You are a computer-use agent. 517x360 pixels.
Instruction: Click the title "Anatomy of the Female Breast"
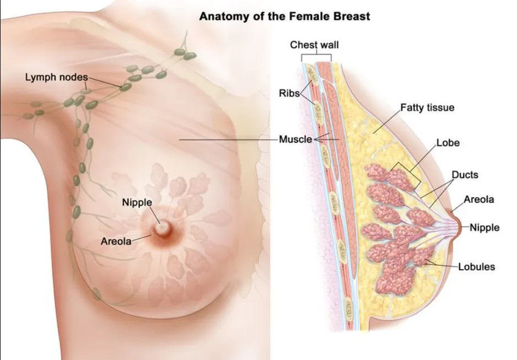click(284, 16)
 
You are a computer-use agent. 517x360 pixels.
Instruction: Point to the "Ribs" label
click(289, 93)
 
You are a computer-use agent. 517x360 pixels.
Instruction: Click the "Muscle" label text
click(295, 139)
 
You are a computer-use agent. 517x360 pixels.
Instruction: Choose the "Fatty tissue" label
click(427, 108)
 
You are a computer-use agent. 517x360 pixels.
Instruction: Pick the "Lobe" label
click(448, 143)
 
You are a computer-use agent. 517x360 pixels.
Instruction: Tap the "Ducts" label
click(465, 175)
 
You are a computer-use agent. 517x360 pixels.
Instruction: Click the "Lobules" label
click(477, 267)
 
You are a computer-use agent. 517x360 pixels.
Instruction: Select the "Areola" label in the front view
click(116, 241)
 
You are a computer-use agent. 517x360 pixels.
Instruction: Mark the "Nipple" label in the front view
click(136, 203)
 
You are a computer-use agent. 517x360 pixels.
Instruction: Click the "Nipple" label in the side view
click(484, 227)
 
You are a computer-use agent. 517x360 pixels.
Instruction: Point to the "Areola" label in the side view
click(479, 199)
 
